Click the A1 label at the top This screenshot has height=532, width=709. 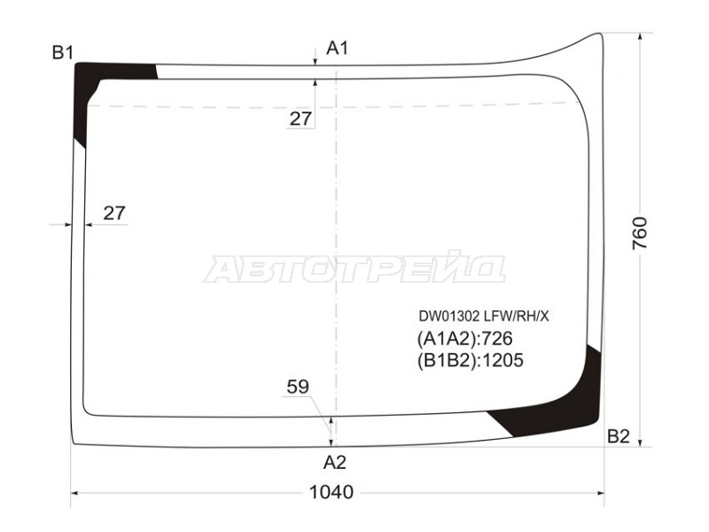tap(338, 48)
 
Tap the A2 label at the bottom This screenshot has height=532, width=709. tap(335, 462)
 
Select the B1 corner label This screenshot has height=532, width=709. tap(63, 53)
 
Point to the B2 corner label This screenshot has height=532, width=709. tap(618, 436)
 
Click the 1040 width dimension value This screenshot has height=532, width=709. tap(331, 492)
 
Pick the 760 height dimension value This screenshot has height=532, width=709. tap(640, 233)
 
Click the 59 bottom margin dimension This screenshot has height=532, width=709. tap(298, 387)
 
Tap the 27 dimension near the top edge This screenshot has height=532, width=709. tap(300, 119)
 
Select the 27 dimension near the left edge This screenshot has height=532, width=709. tap(114, 213)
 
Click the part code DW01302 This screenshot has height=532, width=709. tap(448, 317)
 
